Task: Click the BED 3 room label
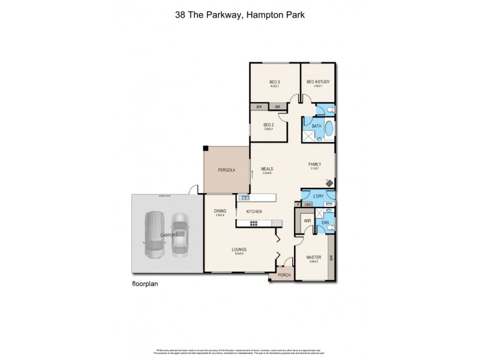(275, 82)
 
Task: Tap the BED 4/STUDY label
(318, 82)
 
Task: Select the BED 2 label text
(269, 125)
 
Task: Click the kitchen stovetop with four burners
(254, 224)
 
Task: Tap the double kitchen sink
(245, 197)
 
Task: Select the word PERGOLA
(226, 170)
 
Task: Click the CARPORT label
(168, 235)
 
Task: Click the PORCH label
(284, 275)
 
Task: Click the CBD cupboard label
(308, 205)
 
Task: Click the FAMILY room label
(315, 164)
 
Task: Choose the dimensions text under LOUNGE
(241, 254)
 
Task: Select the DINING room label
(220, 211)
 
